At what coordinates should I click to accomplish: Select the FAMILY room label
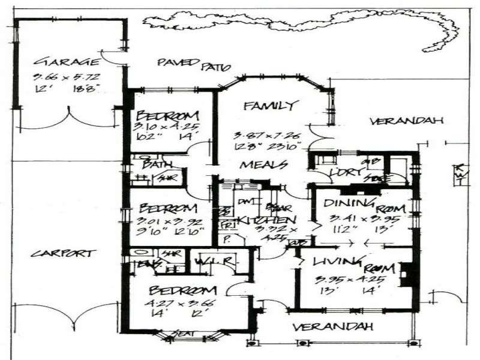pos(270,106)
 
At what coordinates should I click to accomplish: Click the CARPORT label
pos(62,253)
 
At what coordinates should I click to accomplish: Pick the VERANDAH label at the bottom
pos(332,327)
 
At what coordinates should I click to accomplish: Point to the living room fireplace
pos(406,274)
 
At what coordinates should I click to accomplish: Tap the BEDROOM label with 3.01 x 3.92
pos(168,208)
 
